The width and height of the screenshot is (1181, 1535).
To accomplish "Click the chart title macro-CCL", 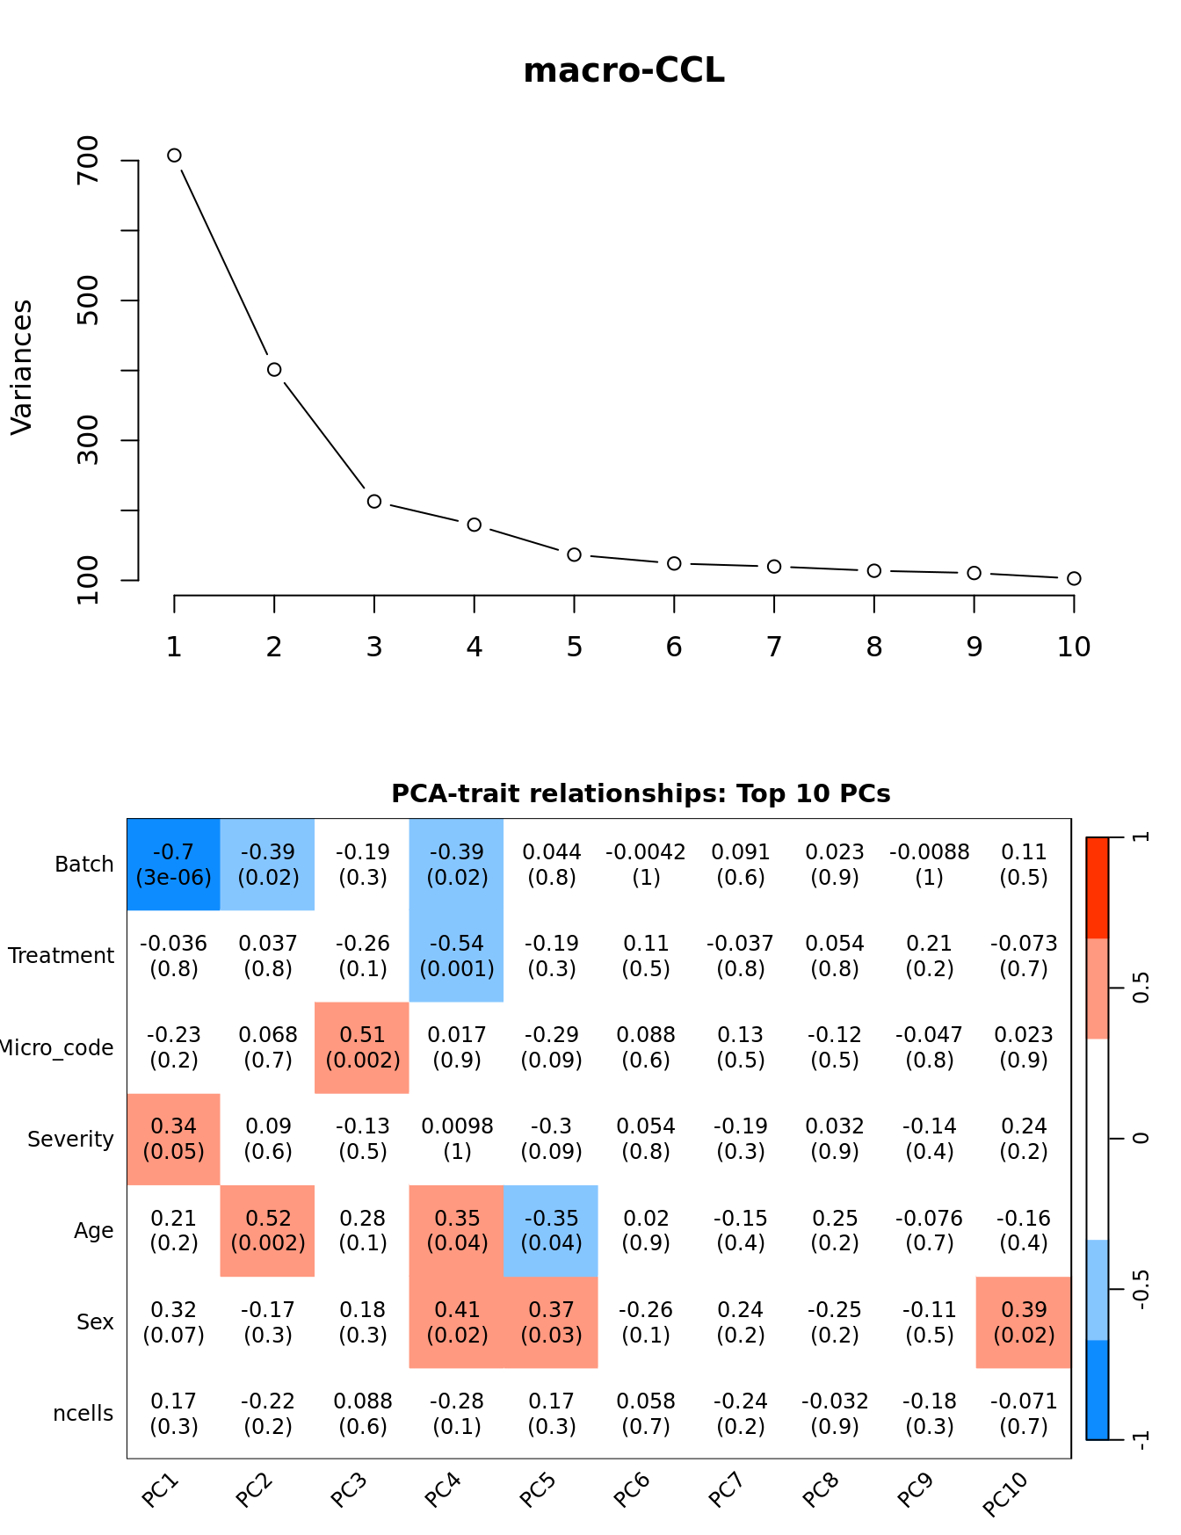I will [624, 71].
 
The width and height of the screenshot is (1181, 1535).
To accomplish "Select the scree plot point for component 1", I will [174, 156].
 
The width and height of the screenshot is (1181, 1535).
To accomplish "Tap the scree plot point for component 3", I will [374, 501].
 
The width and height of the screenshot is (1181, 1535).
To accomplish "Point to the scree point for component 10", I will [1074, 578].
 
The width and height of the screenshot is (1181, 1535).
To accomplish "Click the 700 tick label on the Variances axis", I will [89, 160].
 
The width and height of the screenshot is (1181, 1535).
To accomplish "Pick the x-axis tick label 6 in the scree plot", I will [674, 648].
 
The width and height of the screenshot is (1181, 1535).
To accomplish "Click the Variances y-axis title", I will [22, 367].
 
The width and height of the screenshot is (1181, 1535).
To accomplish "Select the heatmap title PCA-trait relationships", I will [641, 793].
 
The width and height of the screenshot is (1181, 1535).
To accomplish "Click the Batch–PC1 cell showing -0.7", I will [174, 865].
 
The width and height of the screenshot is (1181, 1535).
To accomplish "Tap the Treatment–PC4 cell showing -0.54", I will [457, 956].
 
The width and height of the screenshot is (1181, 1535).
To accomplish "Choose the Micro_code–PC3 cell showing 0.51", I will [362, 1047].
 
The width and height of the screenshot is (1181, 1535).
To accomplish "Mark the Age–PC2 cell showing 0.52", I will [268, 1230].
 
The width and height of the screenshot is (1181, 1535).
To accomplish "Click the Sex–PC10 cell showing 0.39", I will [1024, 1322].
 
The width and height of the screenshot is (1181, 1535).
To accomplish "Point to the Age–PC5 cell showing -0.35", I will [551, 1230].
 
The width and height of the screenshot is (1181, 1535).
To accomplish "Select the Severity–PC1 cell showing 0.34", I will [174, 1139].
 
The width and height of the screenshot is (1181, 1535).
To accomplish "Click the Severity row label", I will [70, 1140].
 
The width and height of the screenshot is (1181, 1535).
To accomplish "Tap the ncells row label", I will [83, 1414].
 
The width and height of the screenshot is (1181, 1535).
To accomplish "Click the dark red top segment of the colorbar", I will [1098, 887].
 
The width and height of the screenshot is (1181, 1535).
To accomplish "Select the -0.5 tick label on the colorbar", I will [1141, 1289].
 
